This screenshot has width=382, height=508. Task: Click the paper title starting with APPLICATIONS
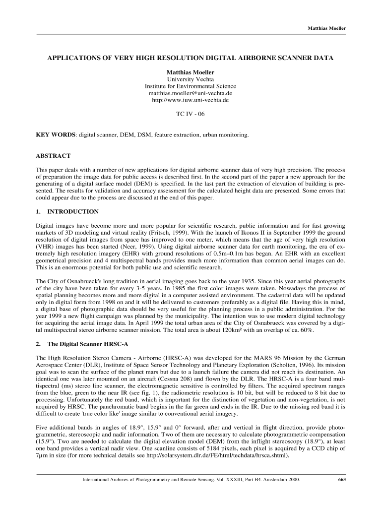191,58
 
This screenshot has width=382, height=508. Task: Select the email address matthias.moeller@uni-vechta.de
191,93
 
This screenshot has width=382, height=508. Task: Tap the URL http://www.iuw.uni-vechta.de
191,100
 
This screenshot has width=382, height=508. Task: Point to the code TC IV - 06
191,114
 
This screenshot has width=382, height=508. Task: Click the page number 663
341,480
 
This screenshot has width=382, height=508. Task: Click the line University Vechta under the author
191,79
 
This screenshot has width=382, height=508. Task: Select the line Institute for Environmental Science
191,86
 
